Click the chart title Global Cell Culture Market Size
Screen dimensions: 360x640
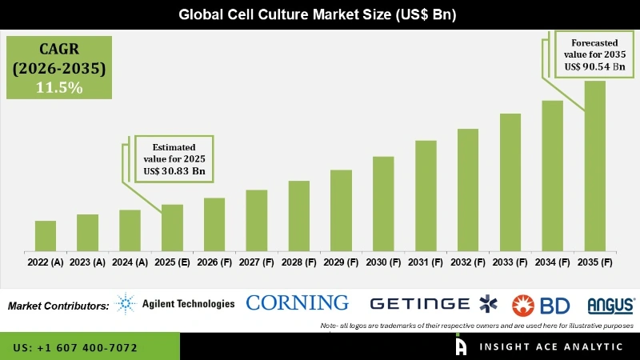(319, 14)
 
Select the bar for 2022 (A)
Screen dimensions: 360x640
(46, 235)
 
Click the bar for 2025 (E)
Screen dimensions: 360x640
(172, 227)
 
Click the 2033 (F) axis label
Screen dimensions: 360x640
(510, 262)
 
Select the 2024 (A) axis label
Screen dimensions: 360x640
(130, 262)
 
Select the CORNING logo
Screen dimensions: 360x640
(297, 302)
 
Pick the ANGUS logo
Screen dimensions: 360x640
(610, 305)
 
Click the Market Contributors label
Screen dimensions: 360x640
(58, 306)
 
